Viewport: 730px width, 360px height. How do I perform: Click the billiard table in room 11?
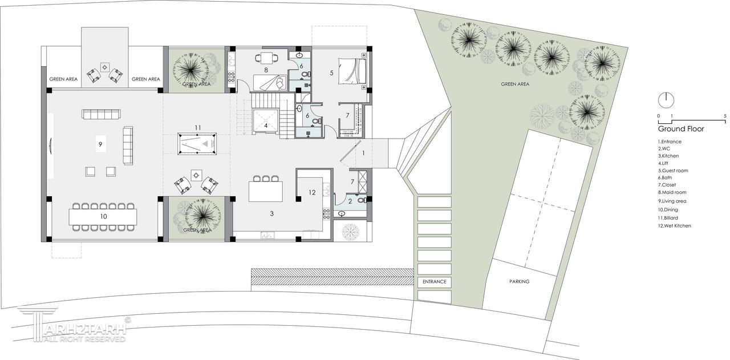coord(197,143)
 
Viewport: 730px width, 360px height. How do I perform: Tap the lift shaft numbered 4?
coord(266,122)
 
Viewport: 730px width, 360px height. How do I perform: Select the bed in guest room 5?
coord(352,71)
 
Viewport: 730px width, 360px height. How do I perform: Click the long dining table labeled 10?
coord(103,217)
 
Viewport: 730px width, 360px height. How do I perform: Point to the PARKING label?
coord(519,281)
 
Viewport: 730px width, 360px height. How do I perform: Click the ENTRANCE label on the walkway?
coord(435,281)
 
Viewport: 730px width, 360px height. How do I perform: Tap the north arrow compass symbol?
coord(666,100)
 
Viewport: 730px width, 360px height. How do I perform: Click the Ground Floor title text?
coord(681,129)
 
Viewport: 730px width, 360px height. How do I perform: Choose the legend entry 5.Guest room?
coord(673,171)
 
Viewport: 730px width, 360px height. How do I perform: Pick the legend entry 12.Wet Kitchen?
coord(674,226)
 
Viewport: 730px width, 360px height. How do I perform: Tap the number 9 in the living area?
coord(100,144)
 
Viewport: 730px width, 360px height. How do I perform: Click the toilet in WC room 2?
coord(361,200)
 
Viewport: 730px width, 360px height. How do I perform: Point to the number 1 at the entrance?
coord(363,153)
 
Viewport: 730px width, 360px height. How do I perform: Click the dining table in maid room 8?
coord(266,58)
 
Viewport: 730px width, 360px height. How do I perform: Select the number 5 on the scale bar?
coord(725,116)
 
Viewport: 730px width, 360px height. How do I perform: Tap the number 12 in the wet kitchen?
coord(312,192)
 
